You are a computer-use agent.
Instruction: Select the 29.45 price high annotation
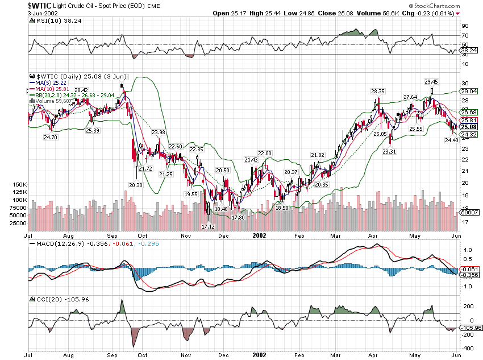click(432, 82)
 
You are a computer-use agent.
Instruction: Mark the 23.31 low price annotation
click(389, 152)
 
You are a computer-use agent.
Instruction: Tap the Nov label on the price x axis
click(186, 235)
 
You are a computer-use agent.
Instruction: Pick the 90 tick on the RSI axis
click(464, 26)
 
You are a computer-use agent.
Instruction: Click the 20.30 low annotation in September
click(135, 185)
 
